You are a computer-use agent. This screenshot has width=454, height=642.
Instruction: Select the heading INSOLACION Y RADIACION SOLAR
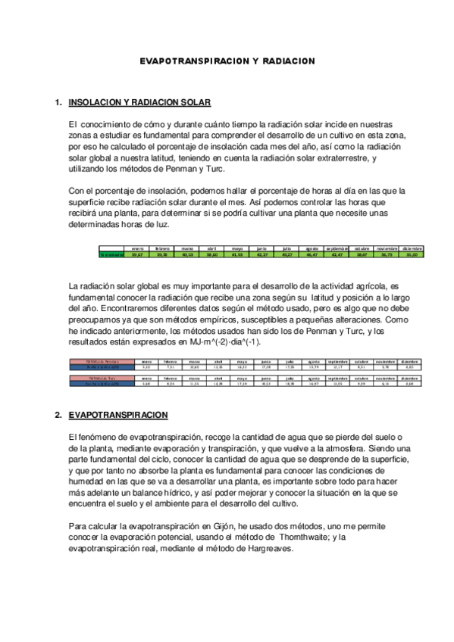click(139, 102)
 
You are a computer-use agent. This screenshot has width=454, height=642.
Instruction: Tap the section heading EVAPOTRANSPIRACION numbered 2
click(118, 416)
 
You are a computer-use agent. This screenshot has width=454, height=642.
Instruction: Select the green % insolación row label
click(112, 255)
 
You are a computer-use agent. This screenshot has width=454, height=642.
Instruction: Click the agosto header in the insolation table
click(312, 248)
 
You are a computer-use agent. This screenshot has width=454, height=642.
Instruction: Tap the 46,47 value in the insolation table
click(312, 255)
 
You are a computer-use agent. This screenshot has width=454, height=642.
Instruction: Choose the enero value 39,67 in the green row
click(137, 255)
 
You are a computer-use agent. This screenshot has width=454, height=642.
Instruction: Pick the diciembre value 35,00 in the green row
click(412, 255)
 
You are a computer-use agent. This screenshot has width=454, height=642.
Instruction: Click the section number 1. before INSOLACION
click(58, 102)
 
